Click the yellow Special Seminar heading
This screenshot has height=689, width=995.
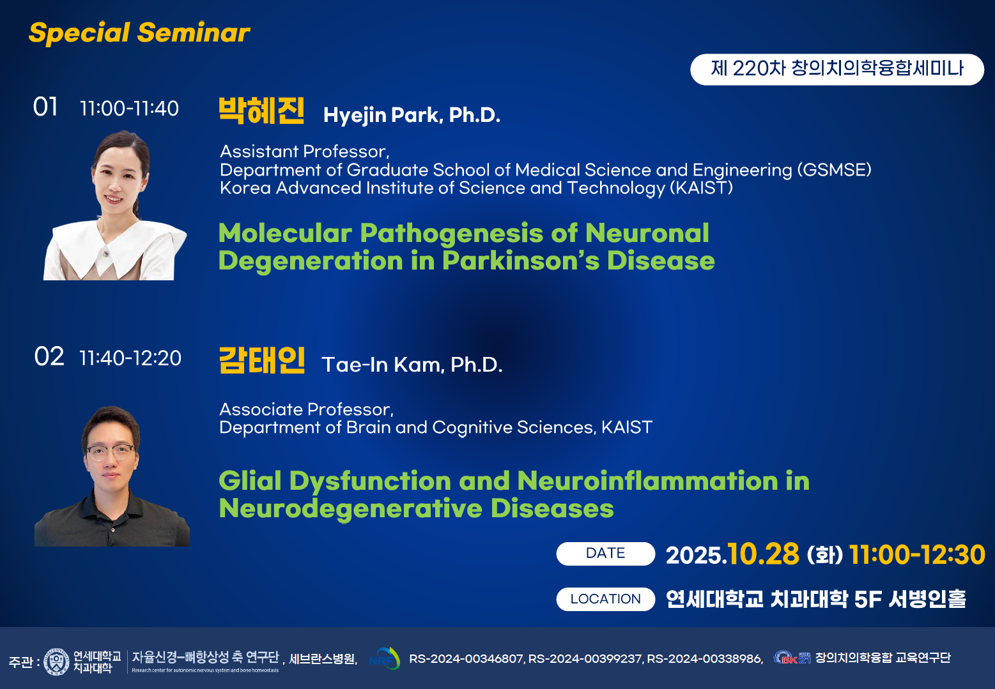(x=139, y=33)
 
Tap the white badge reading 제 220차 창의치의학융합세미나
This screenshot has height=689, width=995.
(x=837, y=69)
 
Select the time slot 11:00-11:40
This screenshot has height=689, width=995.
(x=129, y=109)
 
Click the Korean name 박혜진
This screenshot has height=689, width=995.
(x=261, y=110)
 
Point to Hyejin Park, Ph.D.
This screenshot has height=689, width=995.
(x=412, y=116)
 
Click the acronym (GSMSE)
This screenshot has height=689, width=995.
(x=834, y=170)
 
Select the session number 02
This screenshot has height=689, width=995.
(x=49, y=356)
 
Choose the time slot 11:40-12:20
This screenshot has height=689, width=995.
(x=130, y=358)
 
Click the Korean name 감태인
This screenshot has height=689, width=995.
(x=261, y=360)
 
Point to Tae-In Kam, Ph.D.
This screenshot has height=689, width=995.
(x=412, y=365)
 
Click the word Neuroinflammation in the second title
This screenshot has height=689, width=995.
(x=647, y=481)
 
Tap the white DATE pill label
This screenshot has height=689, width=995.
(x=605, y=554)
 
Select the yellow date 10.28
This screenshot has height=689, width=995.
(x=763, y=554)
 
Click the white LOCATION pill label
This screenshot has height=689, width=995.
(x=605, y=600)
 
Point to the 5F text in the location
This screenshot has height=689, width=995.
(x=868, y=600)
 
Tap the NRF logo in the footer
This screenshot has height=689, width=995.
(x=385, y=659)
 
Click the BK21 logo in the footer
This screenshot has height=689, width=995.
(x=792, y=658)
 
